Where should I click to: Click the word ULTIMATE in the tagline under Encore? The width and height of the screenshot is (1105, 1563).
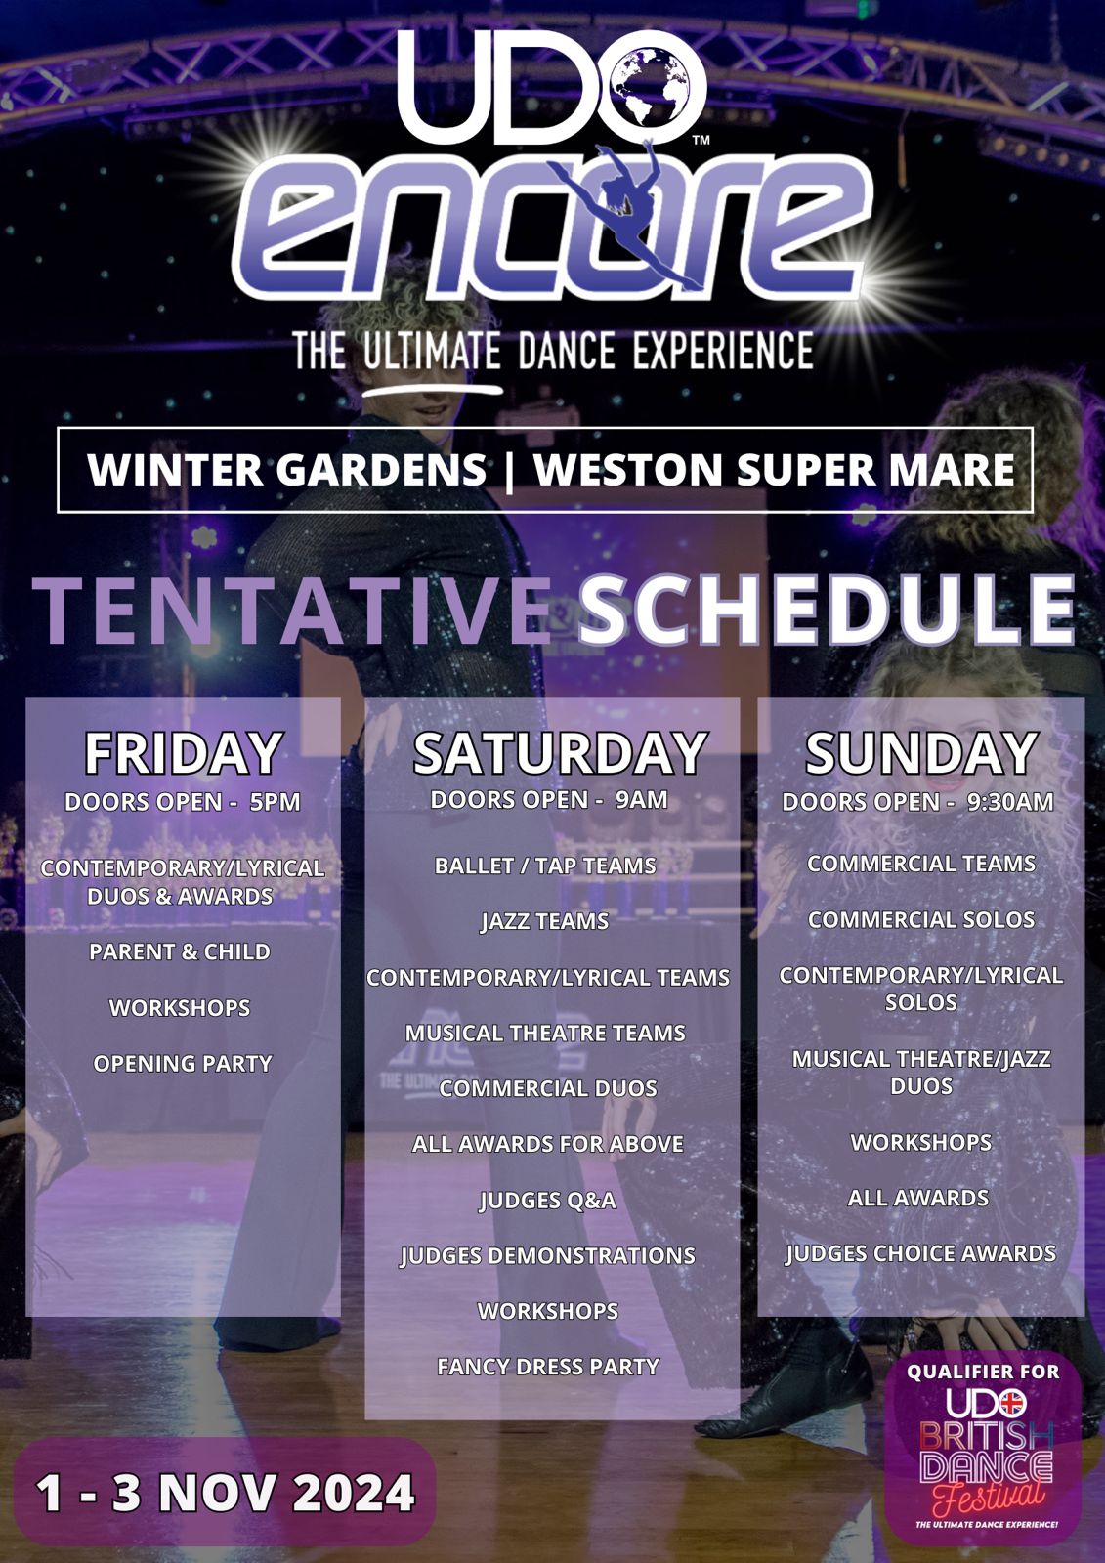click(x=432, y=351)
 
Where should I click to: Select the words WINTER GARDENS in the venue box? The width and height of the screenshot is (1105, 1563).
click(x=287, y=470)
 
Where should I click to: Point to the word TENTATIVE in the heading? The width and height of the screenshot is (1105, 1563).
click(x=292, y=611)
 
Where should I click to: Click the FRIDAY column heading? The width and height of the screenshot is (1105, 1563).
click(x=184, y=753)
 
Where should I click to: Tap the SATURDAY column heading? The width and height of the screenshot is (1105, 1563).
click(x=560, y=753)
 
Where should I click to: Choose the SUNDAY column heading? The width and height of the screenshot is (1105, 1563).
click(x=920, y=753)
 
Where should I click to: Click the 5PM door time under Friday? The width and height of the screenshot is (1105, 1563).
click(x=275, y=802)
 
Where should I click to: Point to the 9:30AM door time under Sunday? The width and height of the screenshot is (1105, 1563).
click(x=1010, y=802)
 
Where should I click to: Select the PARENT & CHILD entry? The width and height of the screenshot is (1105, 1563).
click(x=180, y=951)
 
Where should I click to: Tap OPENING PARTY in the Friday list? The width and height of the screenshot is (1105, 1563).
click(x=182, y=1064)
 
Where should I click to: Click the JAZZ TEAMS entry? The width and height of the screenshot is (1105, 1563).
click(x=544, y=922)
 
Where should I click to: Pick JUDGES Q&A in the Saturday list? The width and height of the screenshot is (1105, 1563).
click(x=548, y=1201)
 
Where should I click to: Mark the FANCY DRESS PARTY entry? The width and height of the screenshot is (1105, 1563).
click(x=548, y=1367)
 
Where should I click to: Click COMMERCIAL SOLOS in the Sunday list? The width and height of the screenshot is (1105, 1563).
click(x=921, y=919)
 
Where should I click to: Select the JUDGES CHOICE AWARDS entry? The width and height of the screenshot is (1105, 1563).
click(x=920, y=1254)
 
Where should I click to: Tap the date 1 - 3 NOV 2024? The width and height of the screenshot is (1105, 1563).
click(x=225, y=1494)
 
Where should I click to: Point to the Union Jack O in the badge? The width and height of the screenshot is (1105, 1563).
click(x=1012, y=1403)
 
